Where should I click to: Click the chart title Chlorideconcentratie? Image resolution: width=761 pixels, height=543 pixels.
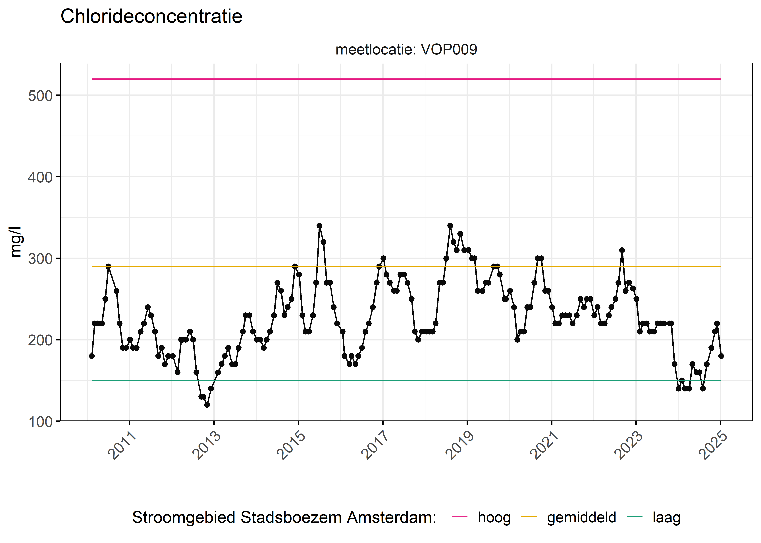tap(151, 16)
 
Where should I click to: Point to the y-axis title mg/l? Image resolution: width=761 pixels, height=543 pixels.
tap(16, 242)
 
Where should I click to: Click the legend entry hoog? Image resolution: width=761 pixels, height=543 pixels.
tap(494, 518)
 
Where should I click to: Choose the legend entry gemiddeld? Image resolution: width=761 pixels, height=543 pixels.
tap(581, 518)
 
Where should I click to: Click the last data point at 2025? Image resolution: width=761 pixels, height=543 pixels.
tap(721, 356)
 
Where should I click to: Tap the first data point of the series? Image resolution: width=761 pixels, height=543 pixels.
tap(92, 356)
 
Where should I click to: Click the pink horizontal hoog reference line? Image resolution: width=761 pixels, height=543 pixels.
tap(402, 79)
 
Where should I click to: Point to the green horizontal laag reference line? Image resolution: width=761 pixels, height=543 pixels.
tap(402, 380)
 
